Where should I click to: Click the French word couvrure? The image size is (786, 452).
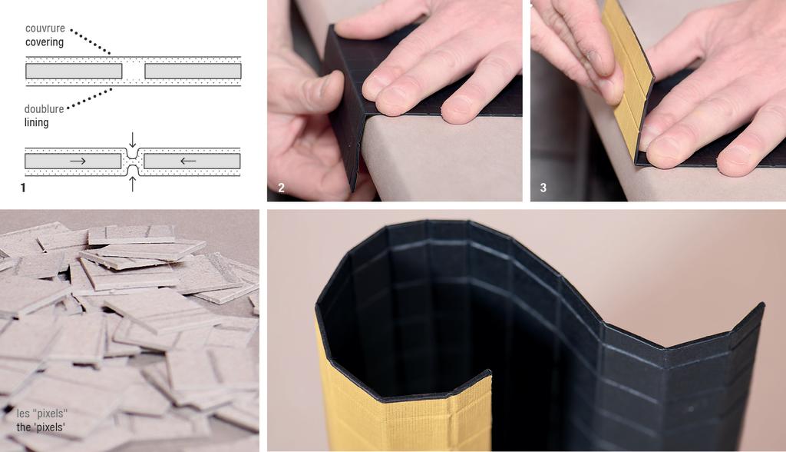point(45,28)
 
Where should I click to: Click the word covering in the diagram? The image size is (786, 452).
point(45,42)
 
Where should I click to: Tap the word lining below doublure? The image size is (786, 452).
point(36,122)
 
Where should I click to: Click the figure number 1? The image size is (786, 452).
point(23,187)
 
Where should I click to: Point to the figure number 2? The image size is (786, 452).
point(281,187)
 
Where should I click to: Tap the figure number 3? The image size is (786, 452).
point(543,187)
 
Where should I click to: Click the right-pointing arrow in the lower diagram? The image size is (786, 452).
point(78,161)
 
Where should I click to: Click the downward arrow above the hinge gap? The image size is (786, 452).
point(133,140)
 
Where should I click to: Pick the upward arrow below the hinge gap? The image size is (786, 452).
point(133,183)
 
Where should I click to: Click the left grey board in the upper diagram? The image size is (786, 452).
point(74,71)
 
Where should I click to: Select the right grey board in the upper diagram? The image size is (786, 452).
point(193,71)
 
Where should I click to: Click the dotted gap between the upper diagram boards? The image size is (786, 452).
point(134,71)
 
